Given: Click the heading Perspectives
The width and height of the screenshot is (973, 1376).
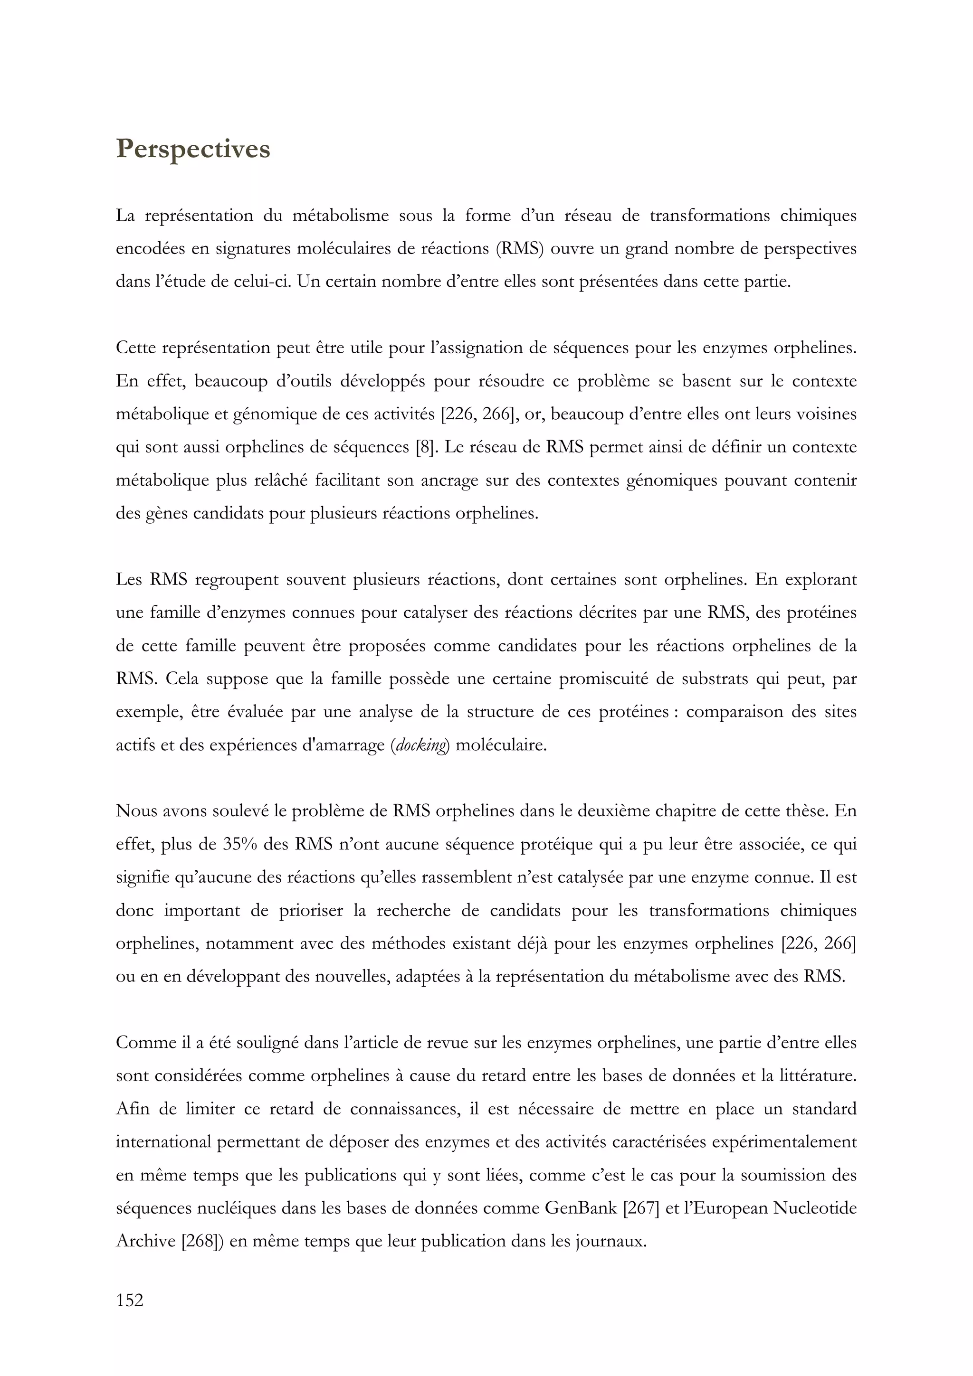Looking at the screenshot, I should click(192, 149).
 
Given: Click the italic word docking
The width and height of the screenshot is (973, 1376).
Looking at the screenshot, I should click(421, 745).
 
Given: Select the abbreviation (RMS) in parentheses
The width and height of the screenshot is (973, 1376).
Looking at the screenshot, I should click(519, 249).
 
